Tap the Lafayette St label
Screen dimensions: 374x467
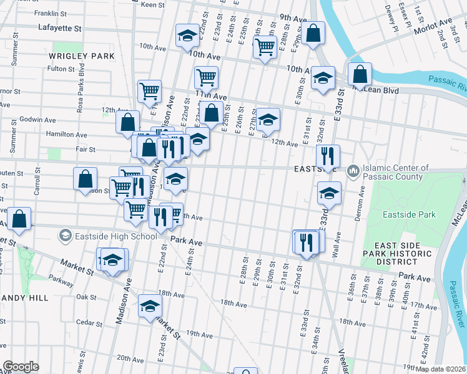pyautogui.click(x=61, y=28)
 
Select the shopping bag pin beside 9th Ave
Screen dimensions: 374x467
pyautogui.click(x=315, y=32)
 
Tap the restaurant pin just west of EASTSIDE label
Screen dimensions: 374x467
pyautogui.click(x=328, y=155)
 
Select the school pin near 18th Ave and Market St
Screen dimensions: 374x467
pyautogui.click(x=150, y=305)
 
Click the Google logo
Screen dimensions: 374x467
pyautogui.click(x=21, y=367)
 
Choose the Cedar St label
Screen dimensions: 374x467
pyautogui.click(x=89, y=323)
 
